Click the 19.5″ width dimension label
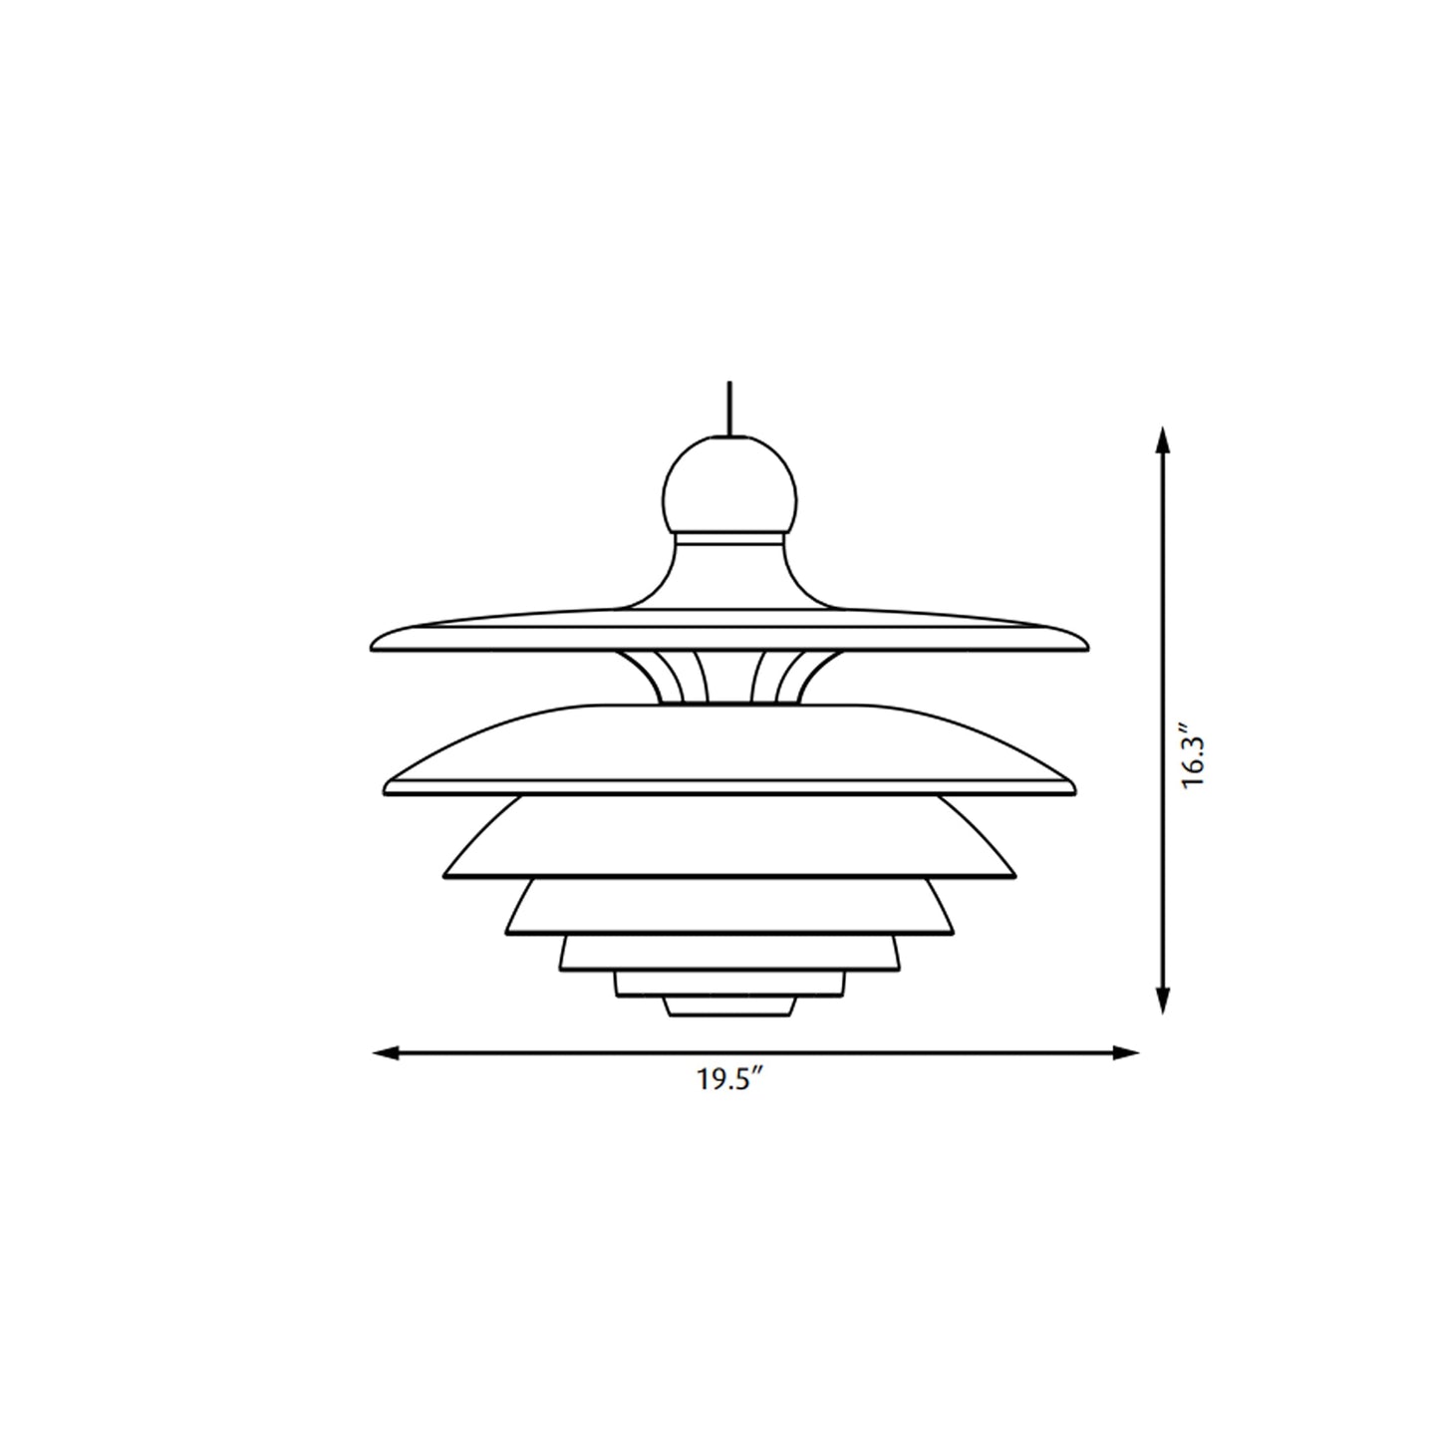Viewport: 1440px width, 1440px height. pos(729,1080)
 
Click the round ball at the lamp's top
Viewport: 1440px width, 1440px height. pos(729,485)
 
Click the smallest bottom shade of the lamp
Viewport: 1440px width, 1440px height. pos(729,1007)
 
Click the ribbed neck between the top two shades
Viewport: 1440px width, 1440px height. pos(729,677)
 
